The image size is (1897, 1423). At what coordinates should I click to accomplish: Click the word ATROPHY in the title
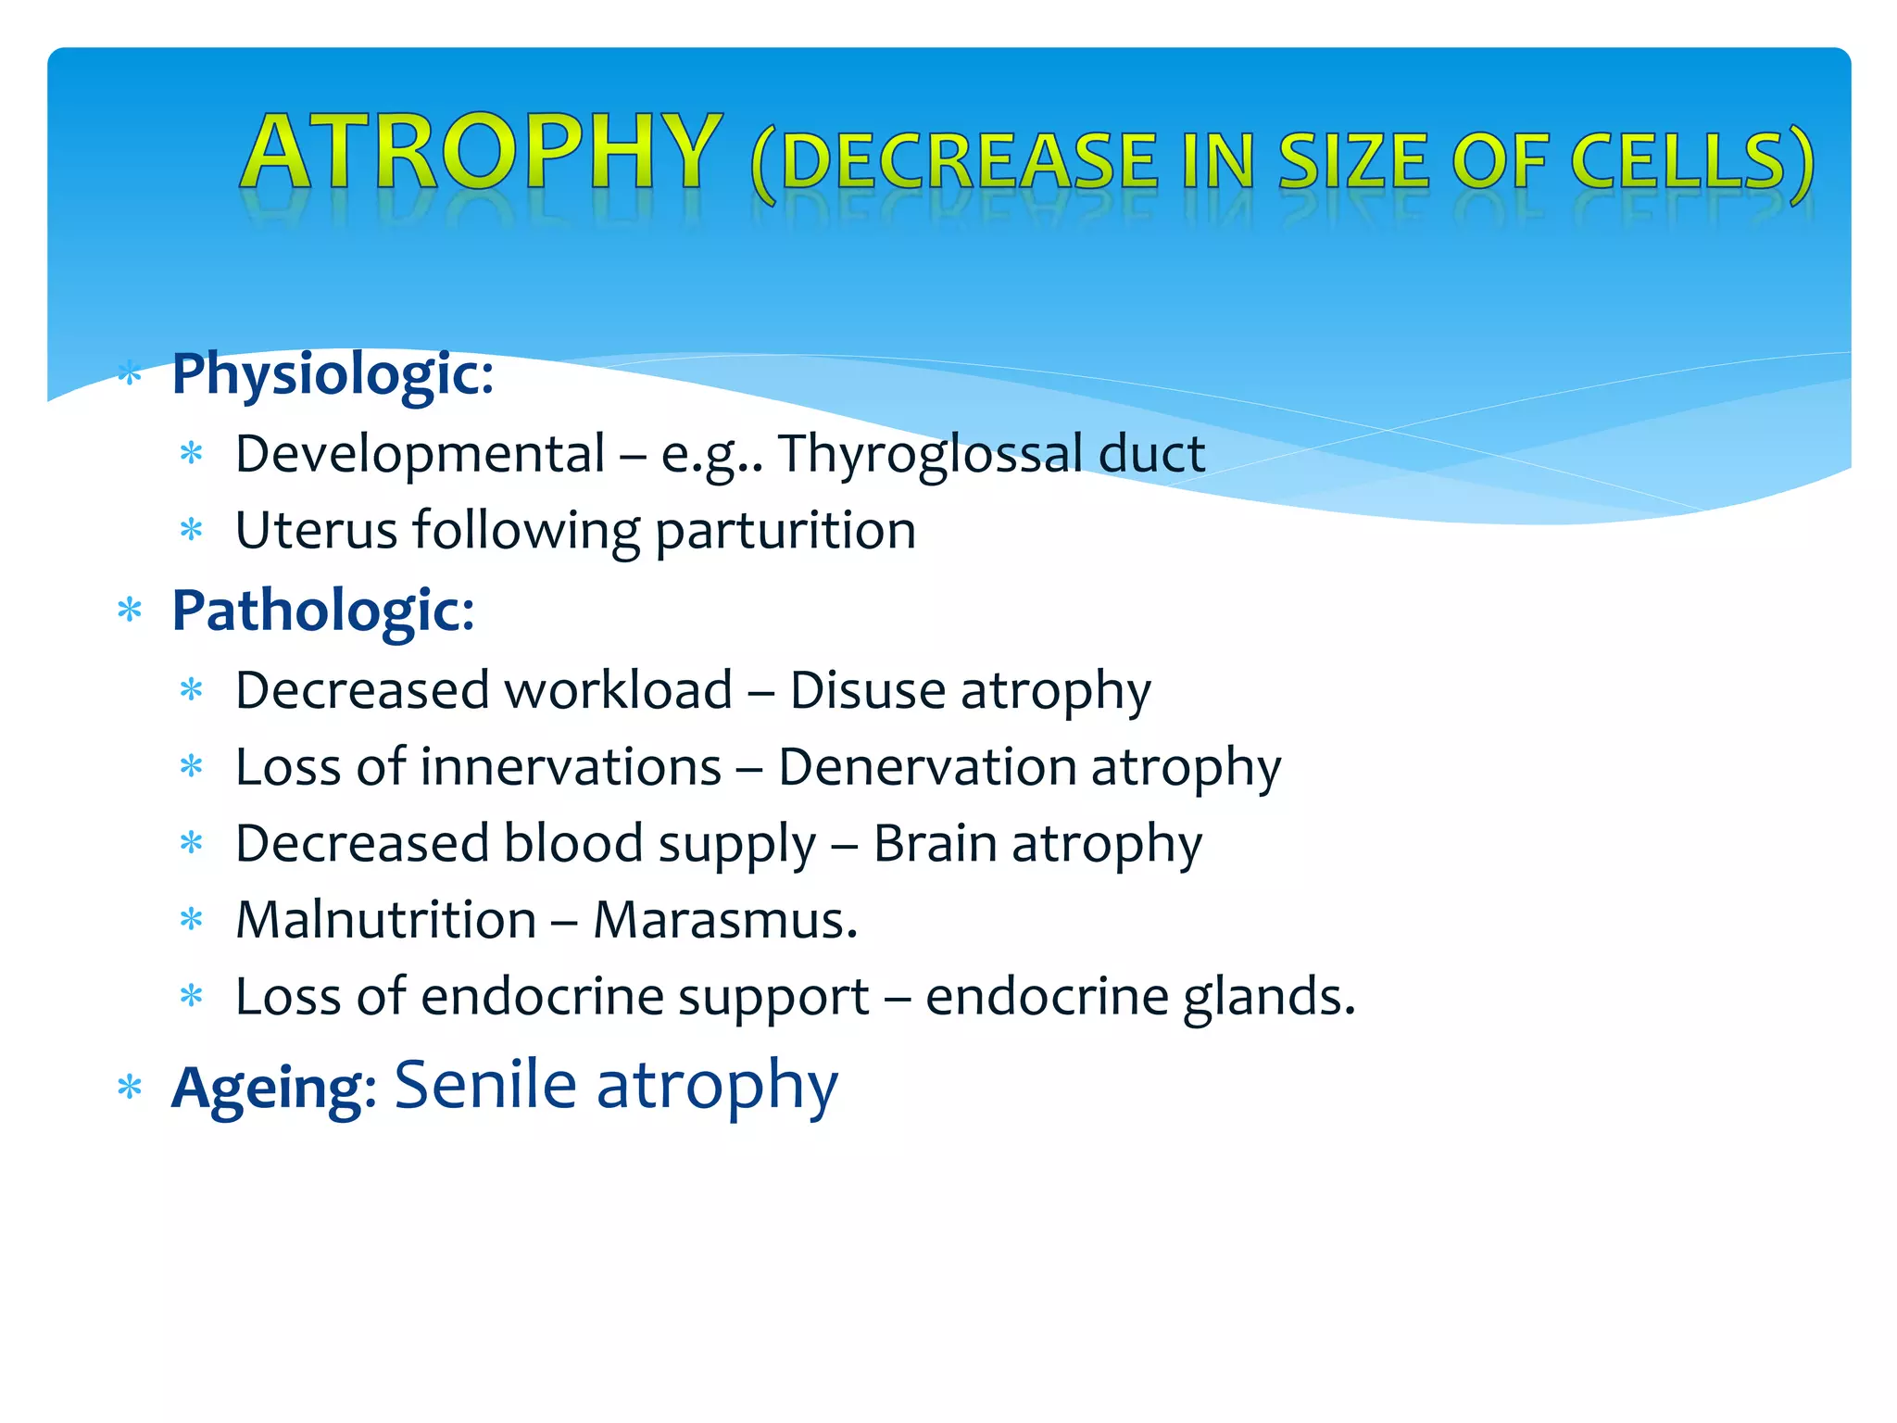tap(482, 152)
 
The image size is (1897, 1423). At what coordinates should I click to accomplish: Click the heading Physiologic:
tap(333, 375)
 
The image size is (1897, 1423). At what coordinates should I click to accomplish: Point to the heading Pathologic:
tap(323, 611)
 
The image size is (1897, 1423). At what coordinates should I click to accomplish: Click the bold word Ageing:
tap(274, 1088)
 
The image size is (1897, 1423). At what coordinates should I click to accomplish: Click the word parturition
tap(785, 532)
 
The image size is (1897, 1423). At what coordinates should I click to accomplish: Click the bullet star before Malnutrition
tap(192, 921)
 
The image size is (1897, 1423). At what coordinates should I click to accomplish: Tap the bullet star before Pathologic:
tap(130, 611)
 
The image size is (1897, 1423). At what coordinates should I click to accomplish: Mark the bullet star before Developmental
tap(192, 455)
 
